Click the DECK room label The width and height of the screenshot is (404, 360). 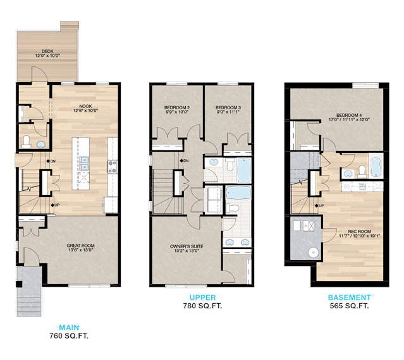[x=47, y=51]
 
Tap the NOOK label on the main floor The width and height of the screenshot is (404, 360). [x=85, y=106]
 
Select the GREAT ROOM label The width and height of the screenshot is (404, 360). [x=81, y=246]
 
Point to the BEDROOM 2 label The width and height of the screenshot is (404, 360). [x=177, y=107]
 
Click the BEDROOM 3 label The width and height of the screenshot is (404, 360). [x=228, y=107]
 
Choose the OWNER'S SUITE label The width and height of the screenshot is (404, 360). [x=187, y=246]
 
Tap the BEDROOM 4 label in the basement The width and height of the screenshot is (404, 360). [x=349, y=116]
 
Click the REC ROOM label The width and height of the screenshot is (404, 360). [x=359, y=231]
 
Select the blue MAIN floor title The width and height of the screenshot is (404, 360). [x=69, y=328]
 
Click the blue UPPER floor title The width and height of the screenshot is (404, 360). [x=202, y=297]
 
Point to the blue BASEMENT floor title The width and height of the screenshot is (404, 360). [x=350, y=297]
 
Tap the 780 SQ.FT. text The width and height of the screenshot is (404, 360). [x=202, y=306]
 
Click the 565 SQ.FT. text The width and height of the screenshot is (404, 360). [x=350, y=306]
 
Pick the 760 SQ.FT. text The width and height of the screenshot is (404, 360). [x=69, y=336]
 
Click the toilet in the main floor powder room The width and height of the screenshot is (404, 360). [x=27, y=141]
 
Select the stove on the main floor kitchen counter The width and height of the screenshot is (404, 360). [x=113, y=167]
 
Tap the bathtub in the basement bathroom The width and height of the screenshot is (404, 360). [x=376, y=166]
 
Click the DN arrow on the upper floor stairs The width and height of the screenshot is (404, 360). [x=181, y=160]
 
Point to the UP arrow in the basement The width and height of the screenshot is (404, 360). [x=317, y=206]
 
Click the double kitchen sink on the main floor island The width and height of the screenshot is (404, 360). [x=83, y=164]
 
